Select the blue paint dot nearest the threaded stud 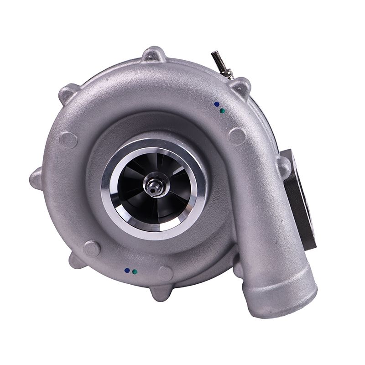216,104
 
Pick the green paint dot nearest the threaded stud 222,110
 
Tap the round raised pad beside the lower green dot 164,273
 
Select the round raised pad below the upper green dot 237,136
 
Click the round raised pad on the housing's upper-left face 68,140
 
